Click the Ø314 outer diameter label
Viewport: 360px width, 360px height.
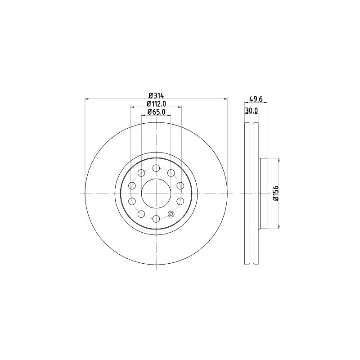tap(156, 95)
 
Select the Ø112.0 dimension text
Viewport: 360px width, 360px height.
tap(156, 104)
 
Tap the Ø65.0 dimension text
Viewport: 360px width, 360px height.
tap(156, 112)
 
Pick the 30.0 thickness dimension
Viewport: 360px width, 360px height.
tap(252, 111)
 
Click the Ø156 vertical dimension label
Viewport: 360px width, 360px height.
tap(275, 193)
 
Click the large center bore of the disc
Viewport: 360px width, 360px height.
tap(156, 193)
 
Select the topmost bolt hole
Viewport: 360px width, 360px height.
tap(156, 168)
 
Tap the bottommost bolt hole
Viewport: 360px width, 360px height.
tap(156, 219)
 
